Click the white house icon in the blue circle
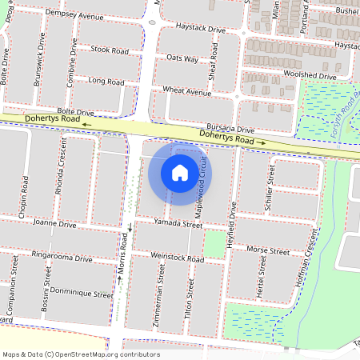click(x=180, y=172)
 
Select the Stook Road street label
click(x=110, y=50)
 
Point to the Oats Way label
click(x=182, y=59)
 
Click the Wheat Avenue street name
click(x=187, y=92)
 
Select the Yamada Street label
click(x=179, y=225)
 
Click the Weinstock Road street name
click(x=178, y=257)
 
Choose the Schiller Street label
click(x=270, y=190)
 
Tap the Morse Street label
click(x=268, y=250)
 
